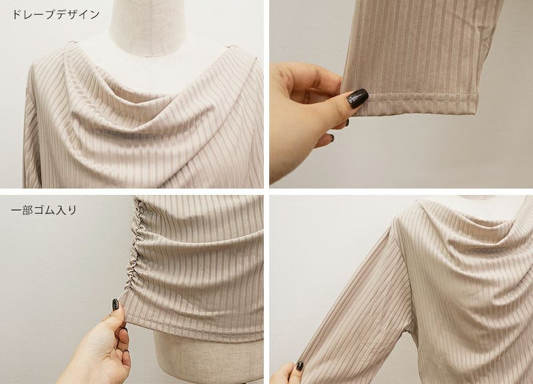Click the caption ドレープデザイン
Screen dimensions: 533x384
tap(56, 15)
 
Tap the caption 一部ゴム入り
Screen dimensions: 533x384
tap(44, 210)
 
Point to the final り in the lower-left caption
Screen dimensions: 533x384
tap(73, 210)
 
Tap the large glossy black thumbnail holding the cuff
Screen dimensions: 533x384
tap(358, 98)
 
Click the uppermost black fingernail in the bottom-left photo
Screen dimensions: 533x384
tap(115, 305)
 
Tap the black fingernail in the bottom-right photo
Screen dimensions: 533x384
tap(299, 366)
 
